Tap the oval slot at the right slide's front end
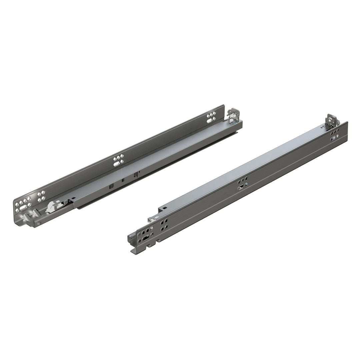click(x=146, y=239)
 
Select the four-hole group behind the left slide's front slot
click(x=41, y=196)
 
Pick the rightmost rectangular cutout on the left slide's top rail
click(x=135, y=174)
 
